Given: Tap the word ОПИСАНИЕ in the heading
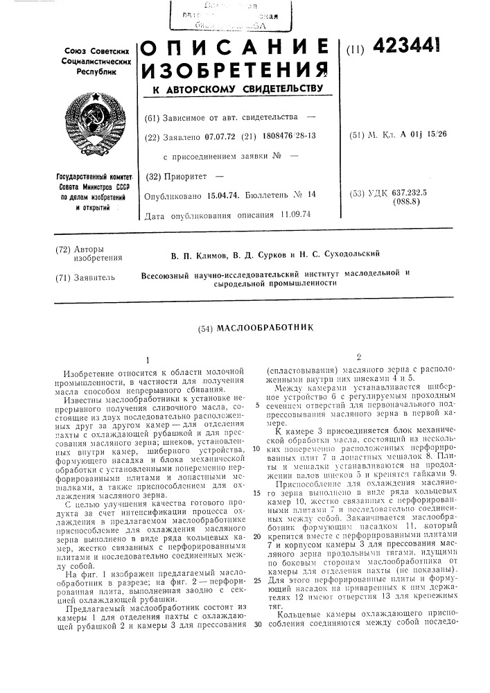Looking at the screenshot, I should click(234, 49).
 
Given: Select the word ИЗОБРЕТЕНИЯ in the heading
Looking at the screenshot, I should click(234, 69).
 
